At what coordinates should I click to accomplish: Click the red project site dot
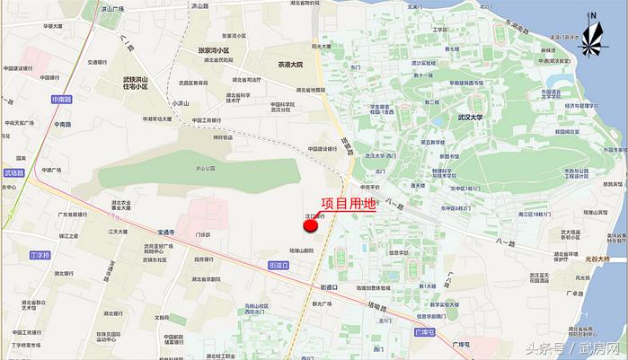(x=311, y=225)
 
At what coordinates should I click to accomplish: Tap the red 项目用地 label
(x=348, y=205)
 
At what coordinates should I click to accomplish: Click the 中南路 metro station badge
(x=60, y=100)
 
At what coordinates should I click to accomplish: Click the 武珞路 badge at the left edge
(x=13, y=172)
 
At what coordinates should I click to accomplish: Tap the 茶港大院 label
(x=290, y=66)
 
